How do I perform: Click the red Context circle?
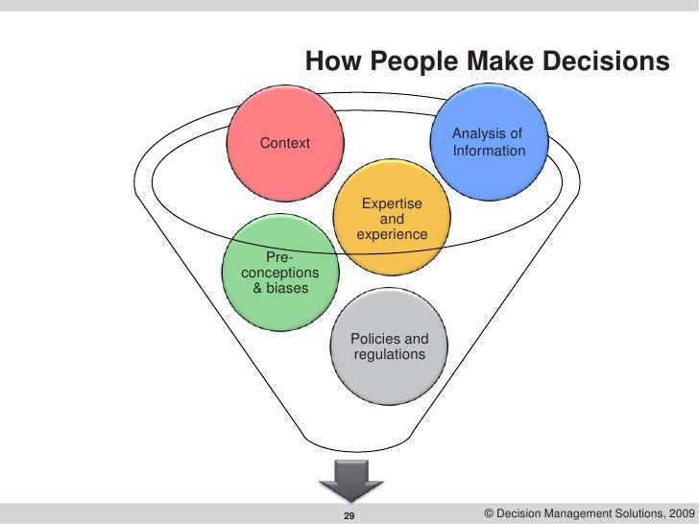(286, 144)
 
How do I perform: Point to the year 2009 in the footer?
(673, 514)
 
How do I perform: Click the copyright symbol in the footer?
(491, 514)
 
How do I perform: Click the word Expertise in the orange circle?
(391, 202)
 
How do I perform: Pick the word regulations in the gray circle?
(389, 355)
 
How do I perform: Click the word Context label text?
(285, 143)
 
